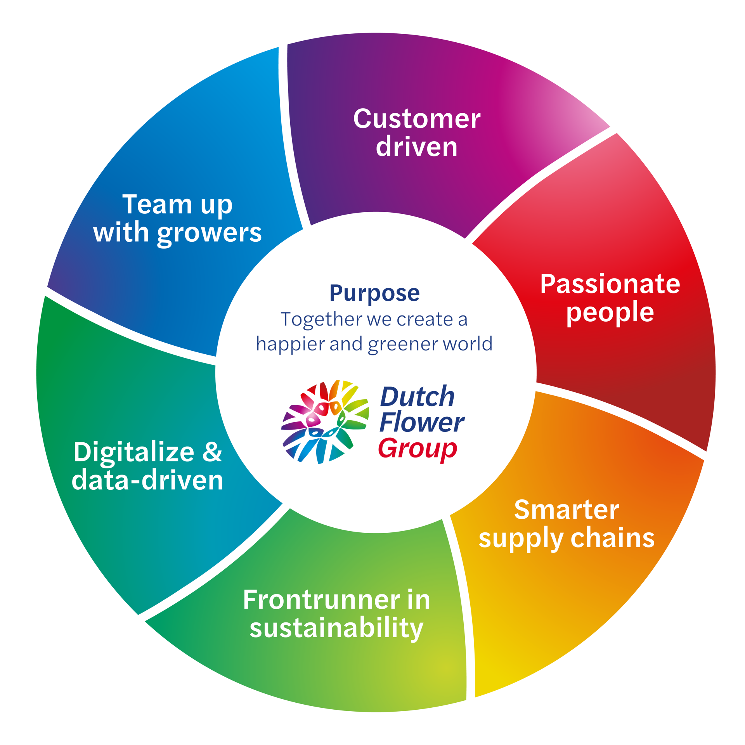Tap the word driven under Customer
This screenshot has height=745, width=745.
pos(417,147)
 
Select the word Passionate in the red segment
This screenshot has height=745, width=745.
pos(610,284)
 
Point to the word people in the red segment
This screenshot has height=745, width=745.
pos(610,313)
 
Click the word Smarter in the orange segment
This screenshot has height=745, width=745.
pos(567,510)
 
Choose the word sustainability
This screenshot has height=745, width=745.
pos(336,628)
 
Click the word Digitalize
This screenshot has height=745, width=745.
pos(134,452)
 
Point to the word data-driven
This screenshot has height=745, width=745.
pos(147,480)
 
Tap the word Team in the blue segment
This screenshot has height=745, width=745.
pos(157,204)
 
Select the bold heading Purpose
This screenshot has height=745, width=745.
pos(374,294)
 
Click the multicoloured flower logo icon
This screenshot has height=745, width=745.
pos(325,421)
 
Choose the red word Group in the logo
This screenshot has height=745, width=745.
pos(418,449)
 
